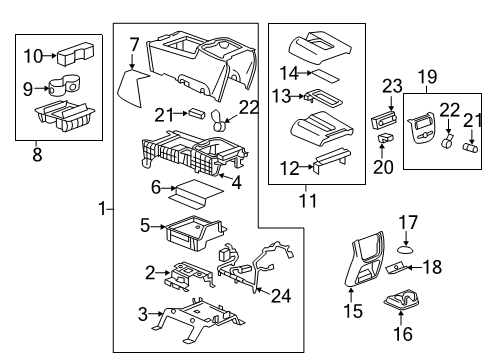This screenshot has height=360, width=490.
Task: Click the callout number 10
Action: coord(33,56)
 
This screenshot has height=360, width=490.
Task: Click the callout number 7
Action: coord(133,43)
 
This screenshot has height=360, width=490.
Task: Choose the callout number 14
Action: coord(289,72)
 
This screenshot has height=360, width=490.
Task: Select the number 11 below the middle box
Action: coord(308,200)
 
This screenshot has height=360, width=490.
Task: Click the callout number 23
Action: coord(390,86)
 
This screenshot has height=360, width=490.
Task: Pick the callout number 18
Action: coord(432,267)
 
